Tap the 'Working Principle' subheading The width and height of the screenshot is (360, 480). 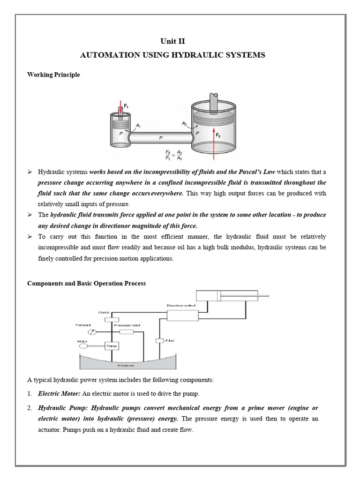(x=53, y=75)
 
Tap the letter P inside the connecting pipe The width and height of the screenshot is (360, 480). (x=161, y=138)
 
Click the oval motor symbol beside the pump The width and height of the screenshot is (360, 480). (x=84, y=346)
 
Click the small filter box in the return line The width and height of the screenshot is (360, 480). (x=159, y=340)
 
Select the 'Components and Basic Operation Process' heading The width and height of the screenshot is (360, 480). (x=86, y=283)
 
